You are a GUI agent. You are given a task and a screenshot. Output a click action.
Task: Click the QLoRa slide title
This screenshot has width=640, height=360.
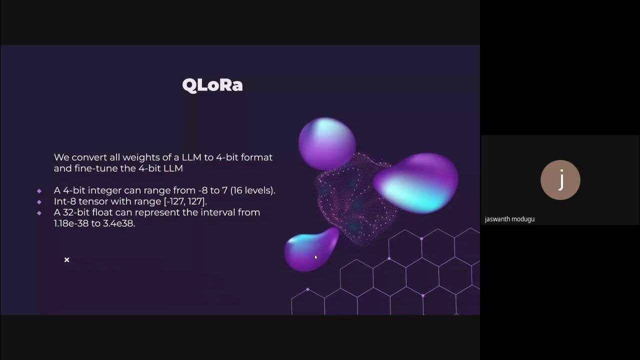212,85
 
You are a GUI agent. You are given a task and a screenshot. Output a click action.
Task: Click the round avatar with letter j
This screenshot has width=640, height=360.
560,180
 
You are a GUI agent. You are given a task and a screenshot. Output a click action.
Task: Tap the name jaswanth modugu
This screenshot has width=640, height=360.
509,219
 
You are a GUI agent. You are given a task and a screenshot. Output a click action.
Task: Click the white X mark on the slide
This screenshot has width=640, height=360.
66,259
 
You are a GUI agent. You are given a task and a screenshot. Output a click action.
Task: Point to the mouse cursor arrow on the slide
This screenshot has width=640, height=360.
315,257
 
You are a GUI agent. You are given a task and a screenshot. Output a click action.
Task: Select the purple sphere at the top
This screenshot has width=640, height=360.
326,143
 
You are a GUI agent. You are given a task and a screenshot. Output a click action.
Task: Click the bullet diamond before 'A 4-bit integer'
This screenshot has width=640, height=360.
39,190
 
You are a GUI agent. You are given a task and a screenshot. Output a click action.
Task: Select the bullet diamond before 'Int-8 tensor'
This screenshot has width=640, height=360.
39,201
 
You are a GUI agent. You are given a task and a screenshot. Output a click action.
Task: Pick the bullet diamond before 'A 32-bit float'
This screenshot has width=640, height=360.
39,212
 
